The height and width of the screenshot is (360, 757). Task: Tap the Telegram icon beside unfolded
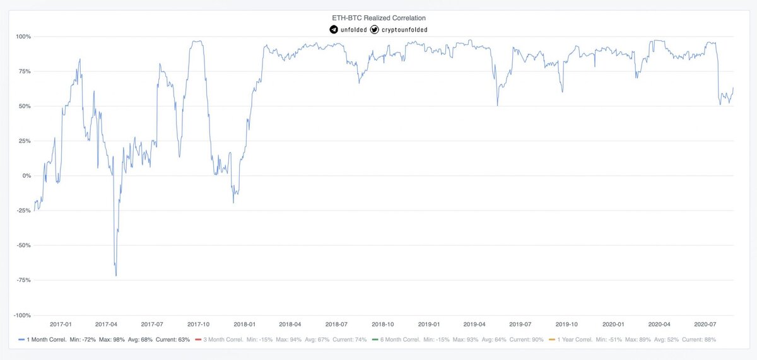tap(334, 30)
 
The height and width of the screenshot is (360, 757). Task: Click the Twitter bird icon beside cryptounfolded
tap(375, 30)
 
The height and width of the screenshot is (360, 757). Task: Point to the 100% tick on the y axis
tap(23, 37)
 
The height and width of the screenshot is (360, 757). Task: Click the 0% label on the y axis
tap(26, 176)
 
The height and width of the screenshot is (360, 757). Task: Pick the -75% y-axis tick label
tap(23, 280)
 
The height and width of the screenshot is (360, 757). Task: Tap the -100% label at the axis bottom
tap(22, 315)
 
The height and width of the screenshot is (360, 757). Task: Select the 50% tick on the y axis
tap(25, 106)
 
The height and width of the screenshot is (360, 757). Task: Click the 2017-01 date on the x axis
tap(61, 324)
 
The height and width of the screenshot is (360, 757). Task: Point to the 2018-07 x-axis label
tap(336, 324)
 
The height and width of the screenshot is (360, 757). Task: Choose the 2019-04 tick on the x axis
tap(474, 324)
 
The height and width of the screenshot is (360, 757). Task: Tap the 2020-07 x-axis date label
tap(705, 324)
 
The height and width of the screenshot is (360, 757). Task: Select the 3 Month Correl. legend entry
tap(219, 340)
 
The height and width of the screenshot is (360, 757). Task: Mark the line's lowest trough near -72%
tap(116, 276)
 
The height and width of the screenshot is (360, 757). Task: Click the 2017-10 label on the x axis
tap(199, 324)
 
